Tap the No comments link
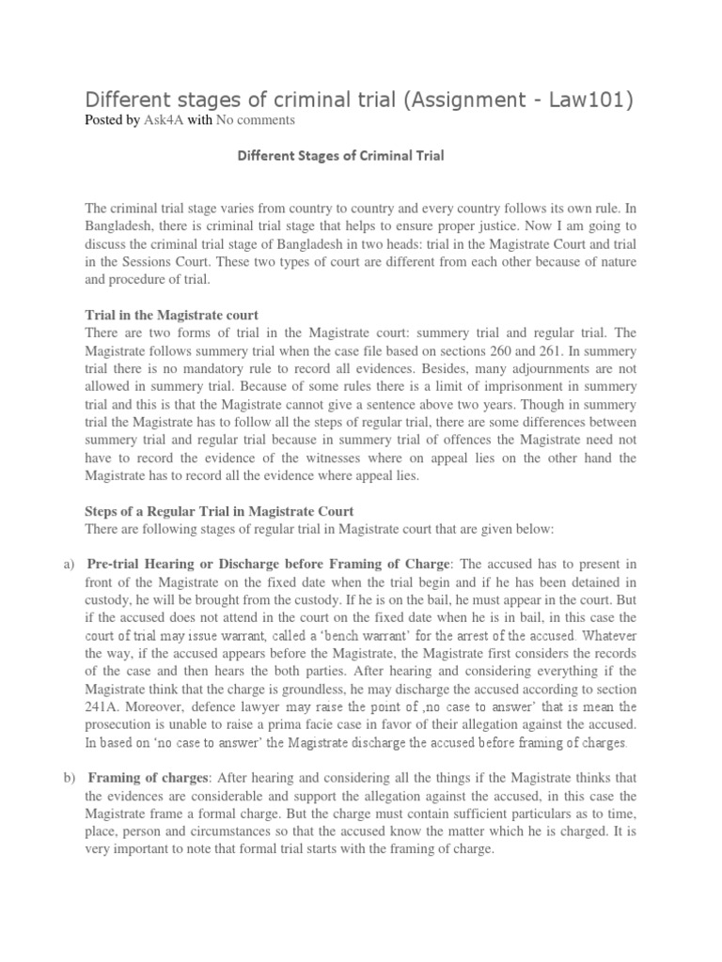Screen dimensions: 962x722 coord(256,120)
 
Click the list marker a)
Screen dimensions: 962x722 coord(68,563)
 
